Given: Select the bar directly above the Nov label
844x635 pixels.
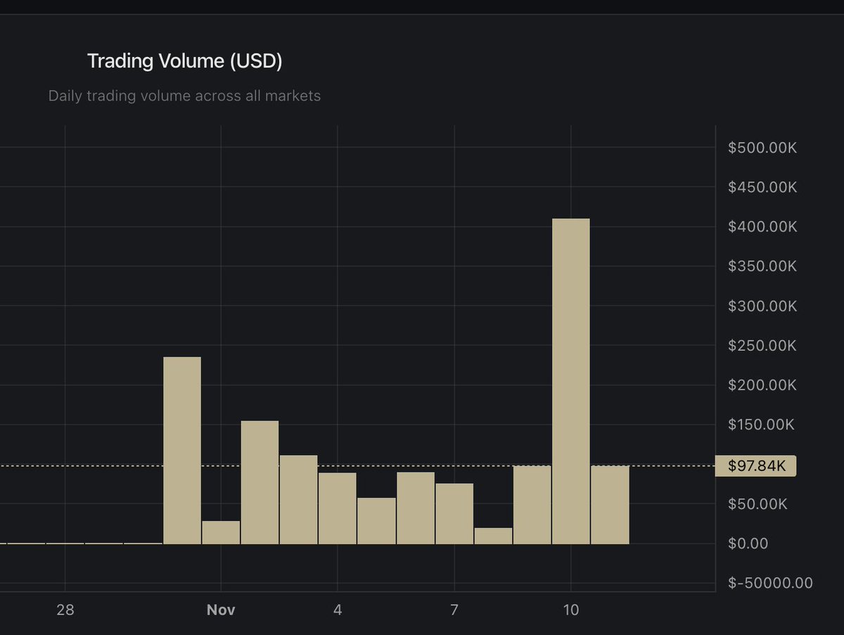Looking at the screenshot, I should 221,532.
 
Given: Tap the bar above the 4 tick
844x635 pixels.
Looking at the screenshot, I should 337,508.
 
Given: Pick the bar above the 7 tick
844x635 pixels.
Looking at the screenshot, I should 454,513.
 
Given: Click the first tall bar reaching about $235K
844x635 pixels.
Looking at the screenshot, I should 182,450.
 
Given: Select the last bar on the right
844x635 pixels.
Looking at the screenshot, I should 610,505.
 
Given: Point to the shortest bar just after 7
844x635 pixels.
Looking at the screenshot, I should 493,536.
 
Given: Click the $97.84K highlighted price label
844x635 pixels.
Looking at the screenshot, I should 755,466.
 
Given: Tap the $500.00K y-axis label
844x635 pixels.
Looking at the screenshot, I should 762,148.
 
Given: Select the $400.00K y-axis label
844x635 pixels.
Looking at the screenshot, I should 762,226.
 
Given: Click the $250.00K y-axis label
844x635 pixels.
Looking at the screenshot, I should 762,345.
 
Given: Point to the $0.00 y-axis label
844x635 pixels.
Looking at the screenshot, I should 748,543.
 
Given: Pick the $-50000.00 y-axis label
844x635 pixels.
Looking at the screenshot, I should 770,582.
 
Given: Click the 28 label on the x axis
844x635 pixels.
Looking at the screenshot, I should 65,609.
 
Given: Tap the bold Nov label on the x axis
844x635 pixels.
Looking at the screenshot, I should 221,609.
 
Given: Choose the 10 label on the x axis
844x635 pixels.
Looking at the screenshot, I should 570,609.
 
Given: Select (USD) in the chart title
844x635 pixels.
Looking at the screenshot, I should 256,61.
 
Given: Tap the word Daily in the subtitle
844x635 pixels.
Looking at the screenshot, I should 65,96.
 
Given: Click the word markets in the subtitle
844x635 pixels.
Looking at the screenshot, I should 293,96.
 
